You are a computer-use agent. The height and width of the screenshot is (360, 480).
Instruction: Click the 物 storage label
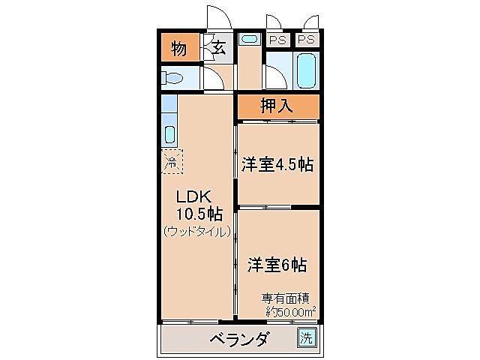click(178, 49)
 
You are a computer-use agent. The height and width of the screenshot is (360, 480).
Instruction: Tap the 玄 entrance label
click(219, 49)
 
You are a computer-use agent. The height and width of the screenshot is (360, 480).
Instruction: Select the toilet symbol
click(173, 78)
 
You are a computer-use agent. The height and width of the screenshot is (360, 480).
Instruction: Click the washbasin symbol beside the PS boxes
click(250, 39)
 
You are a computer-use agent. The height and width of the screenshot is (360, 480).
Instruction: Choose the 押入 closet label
click(277, 106)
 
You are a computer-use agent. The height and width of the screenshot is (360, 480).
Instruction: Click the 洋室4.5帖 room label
click(277, 165)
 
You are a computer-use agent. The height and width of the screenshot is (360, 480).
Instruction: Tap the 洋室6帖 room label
click(277, 264)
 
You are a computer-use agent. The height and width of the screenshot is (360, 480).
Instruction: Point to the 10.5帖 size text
click(199, 214)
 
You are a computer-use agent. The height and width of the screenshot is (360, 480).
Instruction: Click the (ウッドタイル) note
click(196, 232)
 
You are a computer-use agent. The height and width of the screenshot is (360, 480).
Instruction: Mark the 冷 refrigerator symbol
click(171, 160)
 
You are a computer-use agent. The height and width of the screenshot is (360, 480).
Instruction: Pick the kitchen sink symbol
click(170, 136)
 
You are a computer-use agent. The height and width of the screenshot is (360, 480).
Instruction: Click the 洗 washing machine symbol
click(306, 338)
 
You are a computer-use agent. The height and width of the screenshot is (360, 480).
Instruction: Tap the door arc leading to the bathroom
click(274, 76)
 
